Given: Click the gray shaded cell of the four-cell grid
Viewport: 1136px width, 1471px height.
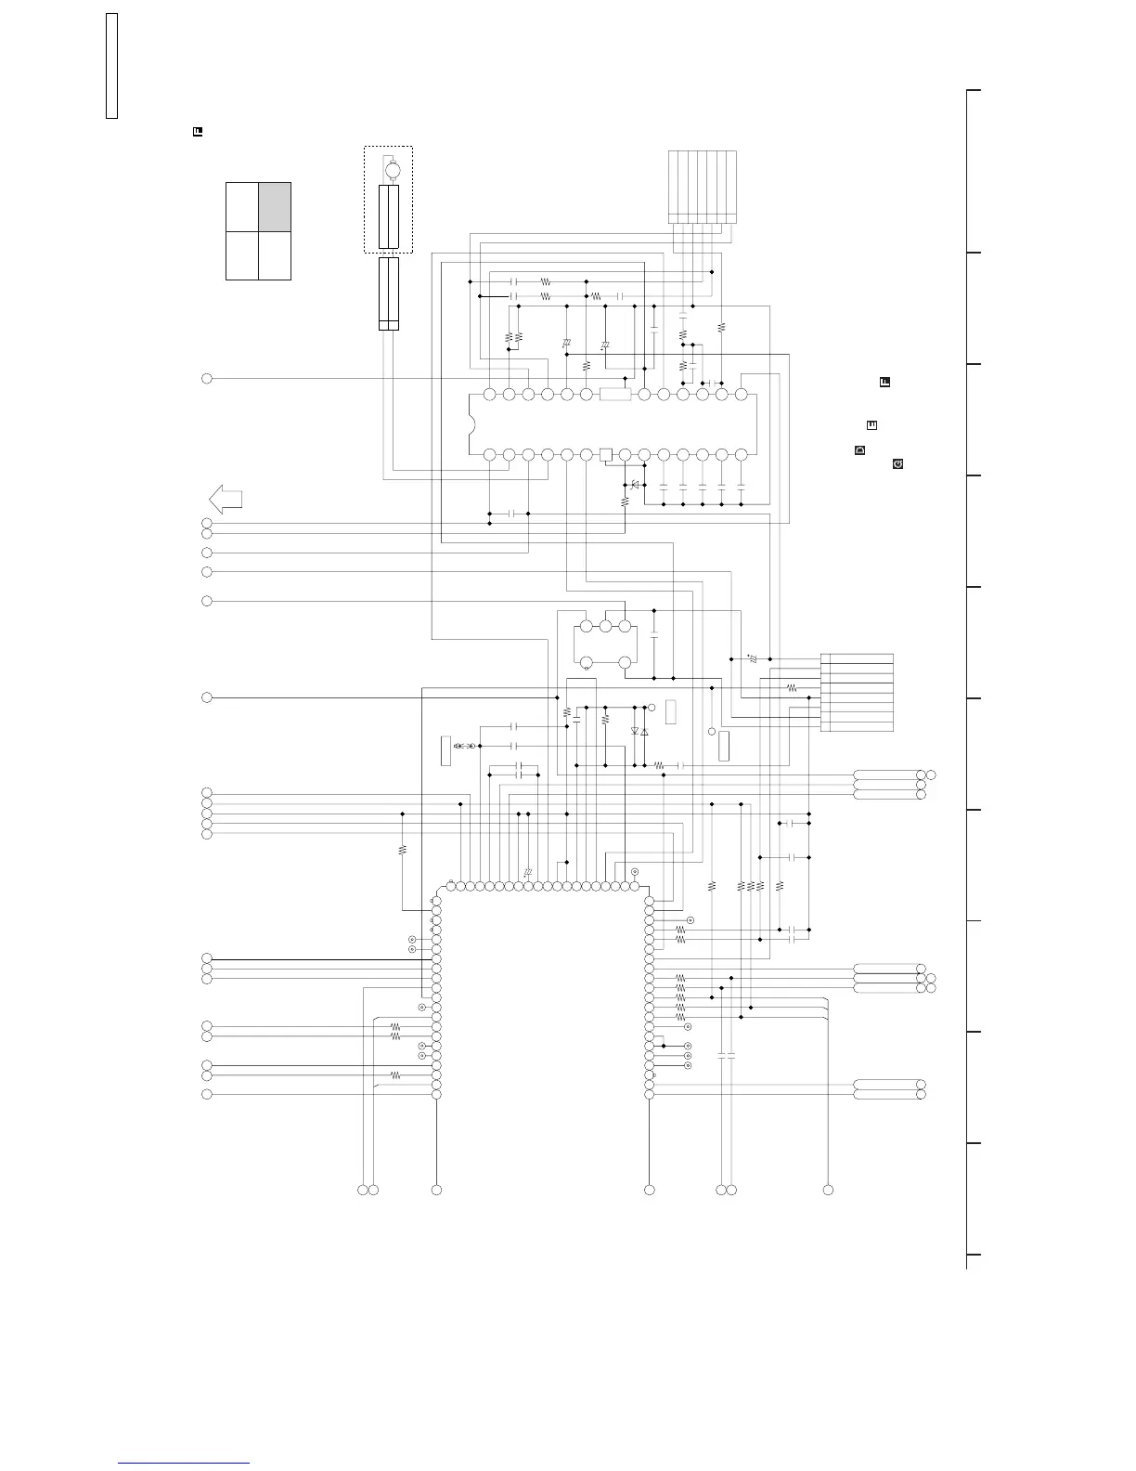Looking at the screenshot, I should point(275,206).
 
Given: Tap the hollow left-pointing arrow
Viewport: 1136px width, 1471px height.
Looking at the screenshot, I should point(226,499).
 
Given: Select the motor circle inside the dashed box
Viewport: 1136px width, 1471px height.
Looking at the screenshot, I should point(393,170).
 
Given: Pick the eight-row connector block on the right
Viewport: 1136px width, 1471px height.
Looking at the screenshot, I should point(857,693).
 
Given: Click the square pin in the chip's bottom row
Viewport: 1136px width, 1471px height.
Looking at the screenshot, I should point(605,454).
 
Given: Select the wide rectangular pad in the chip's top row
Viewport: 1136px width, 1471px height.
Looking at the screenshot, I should point(615,395).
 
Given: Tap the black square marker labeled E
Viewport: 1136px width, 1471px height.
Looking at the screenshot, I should point(872,425).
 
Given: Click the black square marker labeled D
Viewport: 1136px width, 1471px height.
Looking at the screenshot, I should point(859,450).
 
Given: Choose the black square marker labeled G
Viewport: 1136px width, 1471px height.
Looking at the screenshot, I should point(898,462).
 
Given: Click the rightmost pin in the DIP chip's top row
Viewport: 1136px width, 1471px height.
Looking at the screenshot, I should point(741,395).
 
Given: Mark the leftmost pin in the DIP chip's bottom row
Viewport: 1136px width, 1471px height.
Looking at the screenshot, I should point(489,454).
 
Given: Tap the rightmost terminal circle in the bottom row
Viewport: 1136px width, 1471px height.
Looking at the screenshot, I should point(829,1190).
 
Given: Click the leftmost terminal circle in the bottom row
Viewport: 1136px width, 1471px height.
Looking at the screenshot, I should point(362,1190).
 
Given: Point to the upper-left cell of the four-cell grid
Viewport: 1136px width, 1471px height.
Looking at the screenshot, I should point(242,206).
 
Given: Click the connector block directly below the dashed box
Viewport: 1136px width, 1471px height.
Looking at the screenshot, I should point(389,293).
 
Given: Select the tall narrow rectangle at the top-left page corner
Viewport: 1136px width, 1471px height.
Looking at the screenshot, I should point(111,66).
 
